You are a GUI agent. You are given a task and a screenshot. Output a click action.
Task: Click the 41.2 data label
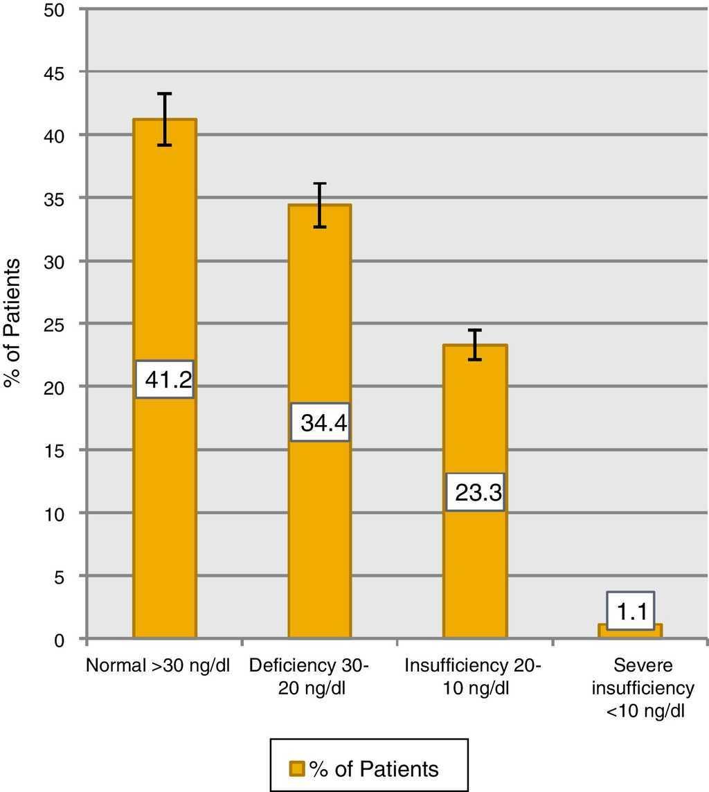[164, 379]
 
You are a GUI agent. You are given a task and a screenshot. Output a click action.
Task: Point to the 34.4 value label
[319, 422]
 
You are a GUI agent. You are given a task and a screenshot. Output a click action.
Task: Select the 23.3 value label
[475, 492]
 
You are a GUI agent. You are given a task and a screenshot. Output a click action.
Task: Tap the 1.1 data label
[630, 611]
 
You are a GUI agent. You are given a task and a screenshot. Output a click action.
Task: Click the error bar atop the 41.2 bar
[164, 119]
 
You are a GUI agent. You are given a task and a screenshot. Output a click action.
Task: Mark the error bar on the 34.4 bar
[319, 205]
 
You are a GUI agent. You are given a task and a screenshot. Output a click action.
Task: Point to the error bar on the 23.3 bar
[475, 345]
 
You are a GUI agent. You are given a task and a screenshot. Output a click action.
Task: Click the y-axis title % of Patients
[15, 324]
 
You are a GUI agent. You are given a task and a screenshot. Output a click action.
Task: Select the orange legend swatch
[297, 768]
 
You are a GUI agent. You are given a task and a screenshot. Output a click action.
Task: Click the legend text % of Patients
[374, 768]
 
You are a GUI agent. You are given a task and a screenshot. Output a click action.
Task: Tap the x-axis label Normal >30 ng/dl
[158, 665]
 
